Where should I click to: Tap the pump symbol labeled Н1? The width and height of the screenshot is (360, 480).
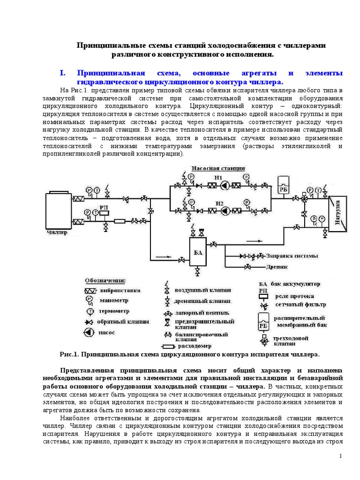tap(225, 186)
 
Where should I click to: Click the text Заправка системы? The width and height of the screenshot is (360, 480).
tap(292, 256)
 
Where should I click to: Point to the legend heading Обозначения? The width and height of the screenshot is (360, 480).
tap(105, 280)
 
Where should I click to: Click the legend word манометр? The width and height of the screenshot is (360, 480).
tap(113, 300)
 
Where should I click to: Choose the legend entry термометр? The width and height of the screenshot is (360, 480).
tap(114, 311)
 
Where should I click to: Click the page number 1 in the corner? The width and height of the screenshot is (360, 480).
tap(341, 456)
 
